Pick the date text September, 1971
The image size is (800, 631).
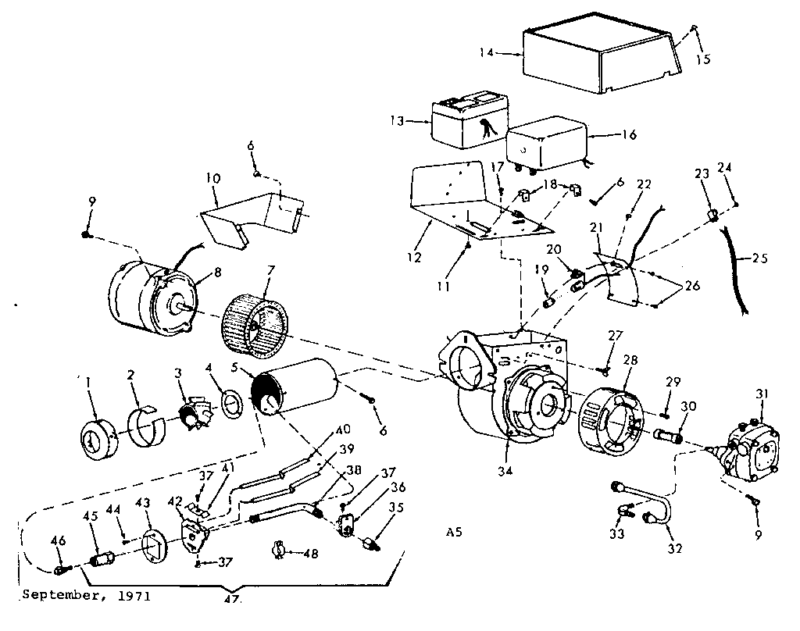point(84,595)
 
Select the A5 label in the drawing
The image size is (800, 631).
point(452,533)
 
